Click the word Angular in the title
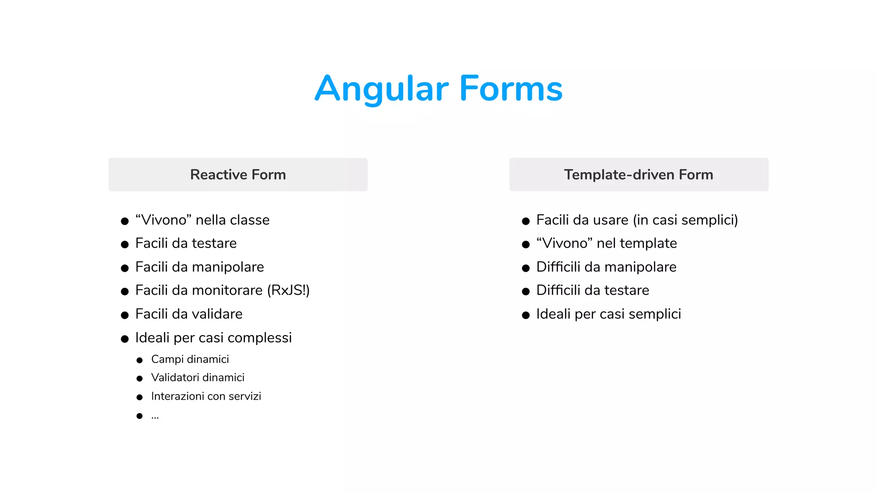pyautogui.click(x=382, y=89)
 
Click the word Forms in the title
pyautogui.click(x=511, y=89)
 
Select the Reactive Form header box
pyautogui.click(x=238, y=175)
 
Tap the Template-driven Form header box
pyautogui.click(x=638, y=175)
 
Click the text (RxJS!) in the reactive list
pyautogui.click(x=288, y=291)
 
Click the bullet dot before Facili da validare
pyautogui.click(x=125, y=315)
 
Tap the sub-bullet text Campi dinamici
pyautogui.click(x=190, y=359)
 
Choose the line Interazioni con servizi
pyautogui.click(x=206, y=396)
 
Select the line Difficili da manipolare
pyautogui.click(x=606, y=267)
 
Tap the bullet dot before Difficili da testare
pyautogui.click(x=526, y=292)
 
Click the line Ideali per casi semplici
pyautogui.click(x=609, y=314)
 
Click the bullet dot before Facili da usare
pyautogui.click(x=526, y=221)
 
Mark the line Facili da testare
pyautogui.click(x=186, y=244)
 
